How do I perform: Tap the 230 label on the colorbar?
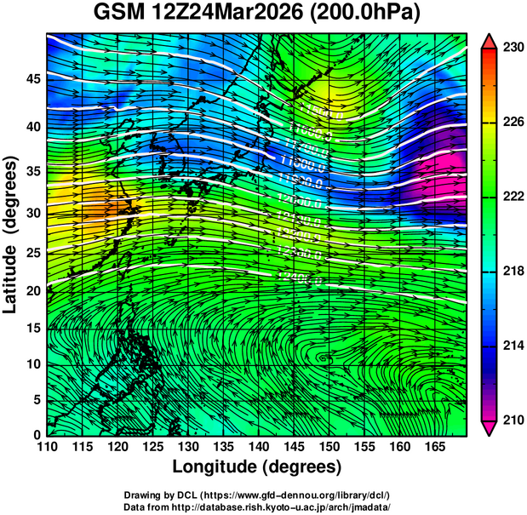[x=512, y=48]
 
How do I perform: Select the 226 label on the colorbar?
[x=512, y=123]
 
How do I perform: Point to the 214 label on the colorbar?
[x=512, y=346]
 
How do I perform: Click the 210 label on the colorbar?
[x=512, y=420]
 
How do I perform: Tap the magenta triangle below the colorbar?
[x=490, y=428]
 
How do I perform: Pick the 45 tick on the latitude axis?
[x=32, y=79]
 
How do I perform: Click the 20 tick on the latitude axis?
[x=32, y=291]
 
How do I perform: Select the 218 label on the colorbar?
[x=512, y=271]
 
